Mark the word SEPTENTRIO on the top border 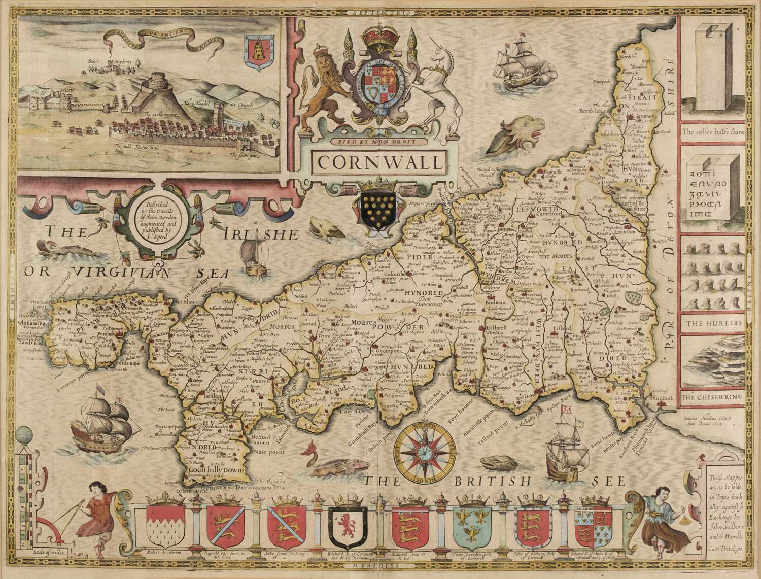pos(379,10)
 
